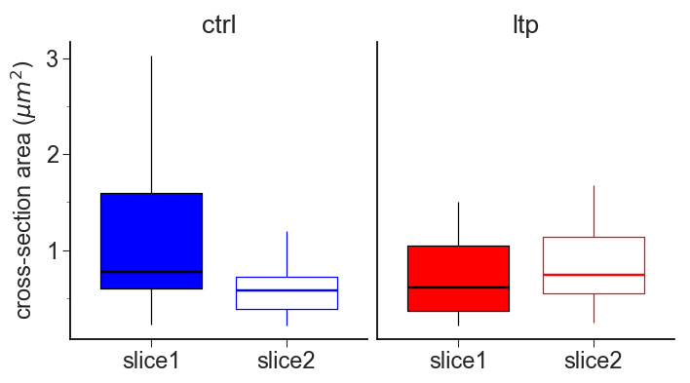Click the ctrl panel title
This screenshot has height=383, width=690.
(x=218, y=25)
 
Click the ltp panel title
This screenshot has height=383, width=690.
(x=525, y=25)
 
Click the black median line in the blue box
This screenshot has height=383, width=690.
(x=151, y=271)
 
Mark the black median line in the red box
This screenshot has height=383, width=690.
(x=458, y=287)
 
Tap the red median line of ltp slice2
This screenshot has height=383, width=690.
(x=594, y=275)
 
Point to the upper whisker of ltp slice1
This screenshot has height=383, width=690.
(x=458, y=224)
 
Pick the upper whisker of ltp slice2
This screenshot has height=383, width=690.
(x=594, y=211)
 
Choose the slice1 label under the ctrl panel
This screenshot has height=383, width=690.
(x=151, y=363)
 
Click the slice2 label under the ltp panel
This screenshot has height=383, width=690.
(x=594, y=363)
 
